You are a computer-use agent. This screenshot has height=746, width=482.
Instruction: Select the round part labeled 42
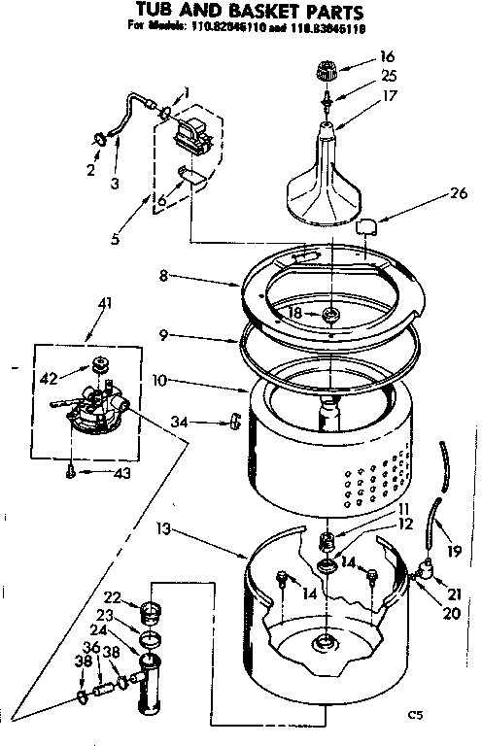pos(98,365)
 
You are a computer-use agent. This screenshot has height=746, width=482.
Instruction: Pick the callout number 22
pos(112,596)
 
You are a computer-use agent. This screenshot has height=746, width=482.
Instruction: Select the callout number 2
pos(91,170)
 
